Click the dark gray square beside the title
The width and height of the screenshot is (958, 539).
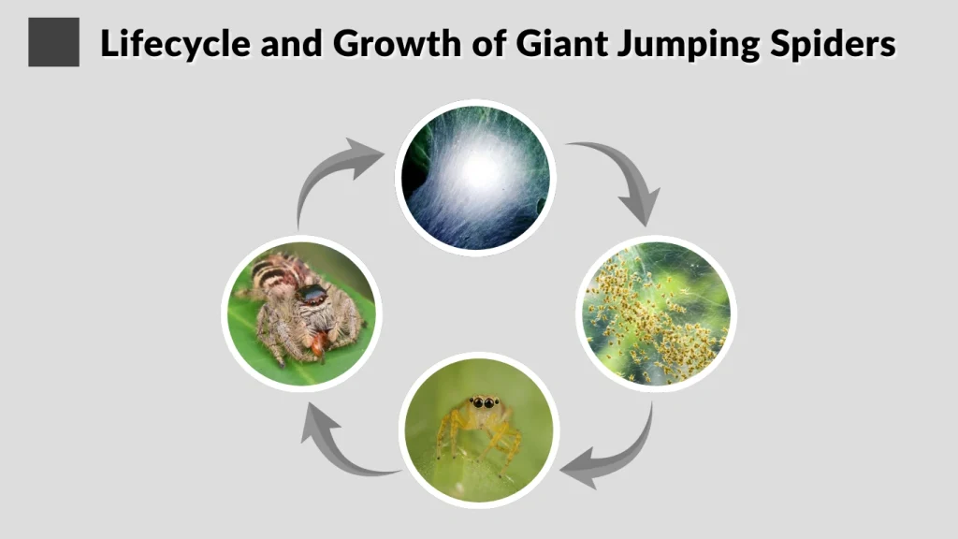[x=53, y=43]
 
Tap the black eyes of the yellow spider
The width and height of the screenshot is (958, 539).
[x=484, y=403]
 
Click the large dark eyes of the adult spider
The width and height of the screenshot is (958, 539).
[x=312, y=297]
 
